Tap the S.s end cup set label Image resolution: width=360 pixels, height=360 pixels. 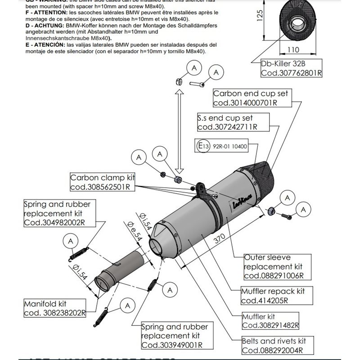click(233, 122)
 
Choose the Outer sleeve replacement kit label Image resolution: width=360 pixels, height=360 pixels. click(274, 266)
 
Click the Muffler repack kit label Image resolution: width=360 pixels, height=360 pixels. click(273, 296)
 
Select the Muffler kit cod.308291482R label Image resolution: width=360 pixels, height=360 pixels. click(270, 321)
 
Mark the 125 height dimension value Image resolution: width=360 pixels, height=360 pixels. click(259, 17)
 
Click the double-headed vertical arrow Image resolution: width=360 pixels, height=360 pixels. click(179, 130)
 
